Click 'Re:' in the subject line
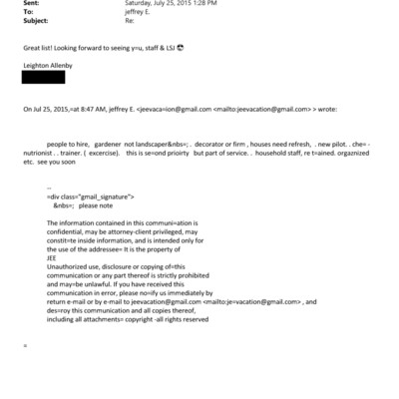pos(127,19)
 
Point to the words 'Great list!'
pos(41,46)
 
